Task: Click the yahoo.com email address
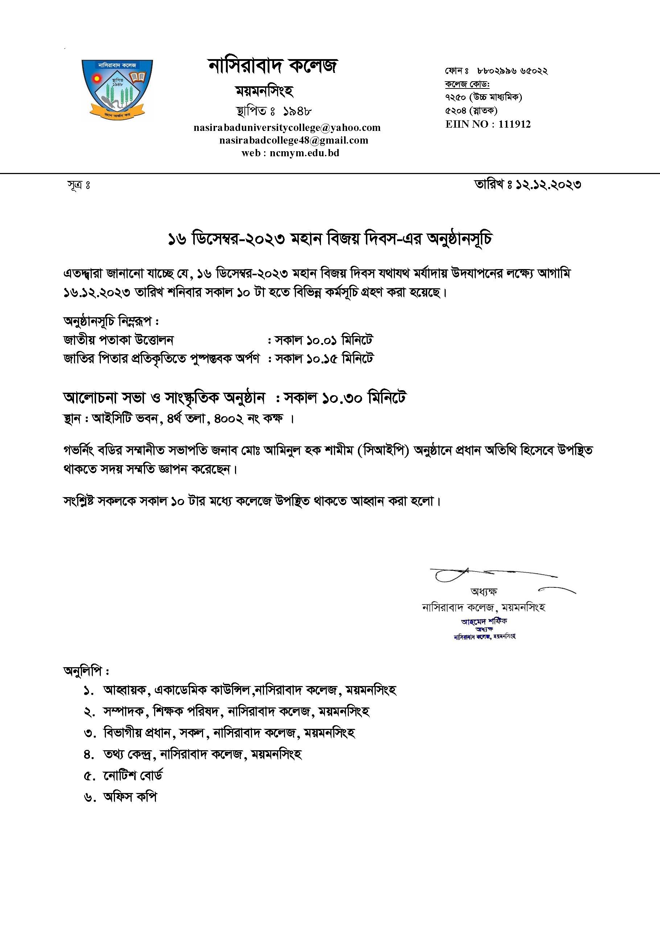[x=287, y=128]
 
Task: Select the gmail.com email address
[x=293, y=140]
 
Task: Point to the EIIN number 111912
[x=514, y=124]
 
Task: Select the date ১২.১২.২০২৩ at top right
[x=548, y=185]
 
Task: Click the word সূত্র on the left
[x=75, y=185]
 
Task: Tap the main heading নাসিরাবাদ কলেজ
[x=272, y=66]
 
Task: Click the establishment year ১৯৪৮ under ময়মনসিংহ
[x=297, y=111]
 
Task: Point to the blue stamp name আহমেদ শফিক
[x=484, y=621]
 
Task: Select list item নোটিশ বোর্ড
[x=133, y=775]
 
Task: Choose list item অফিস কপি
[x=130, y=797]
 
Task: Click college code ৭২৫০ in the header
[x=455, y=97]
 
